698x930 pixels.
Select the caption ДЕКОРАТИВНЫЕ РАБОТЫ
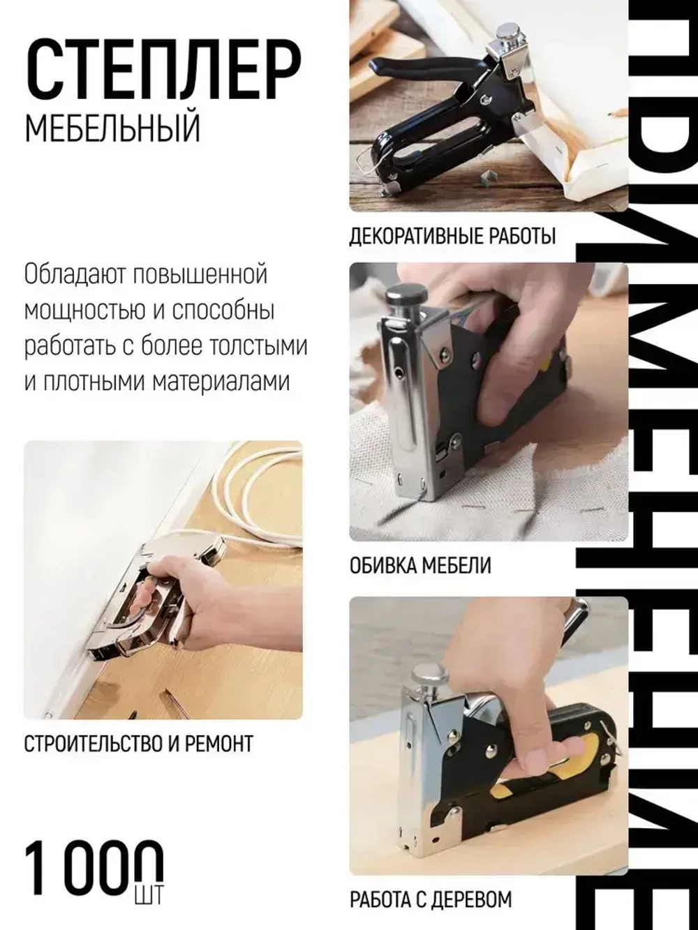[x=452, y=237]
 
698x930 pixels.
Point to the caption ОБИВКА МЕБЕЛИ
[x=420, y=564]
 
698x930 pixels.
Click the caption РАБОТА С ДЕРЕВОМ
[x=431, y=899]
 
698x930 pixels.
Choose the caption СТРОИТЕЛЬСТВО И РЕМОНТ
[x=138, y=744]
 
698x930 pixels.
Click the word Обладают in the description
[x=67, y=274]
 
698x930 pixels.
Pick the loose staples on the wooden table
[x=489, y=177]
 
